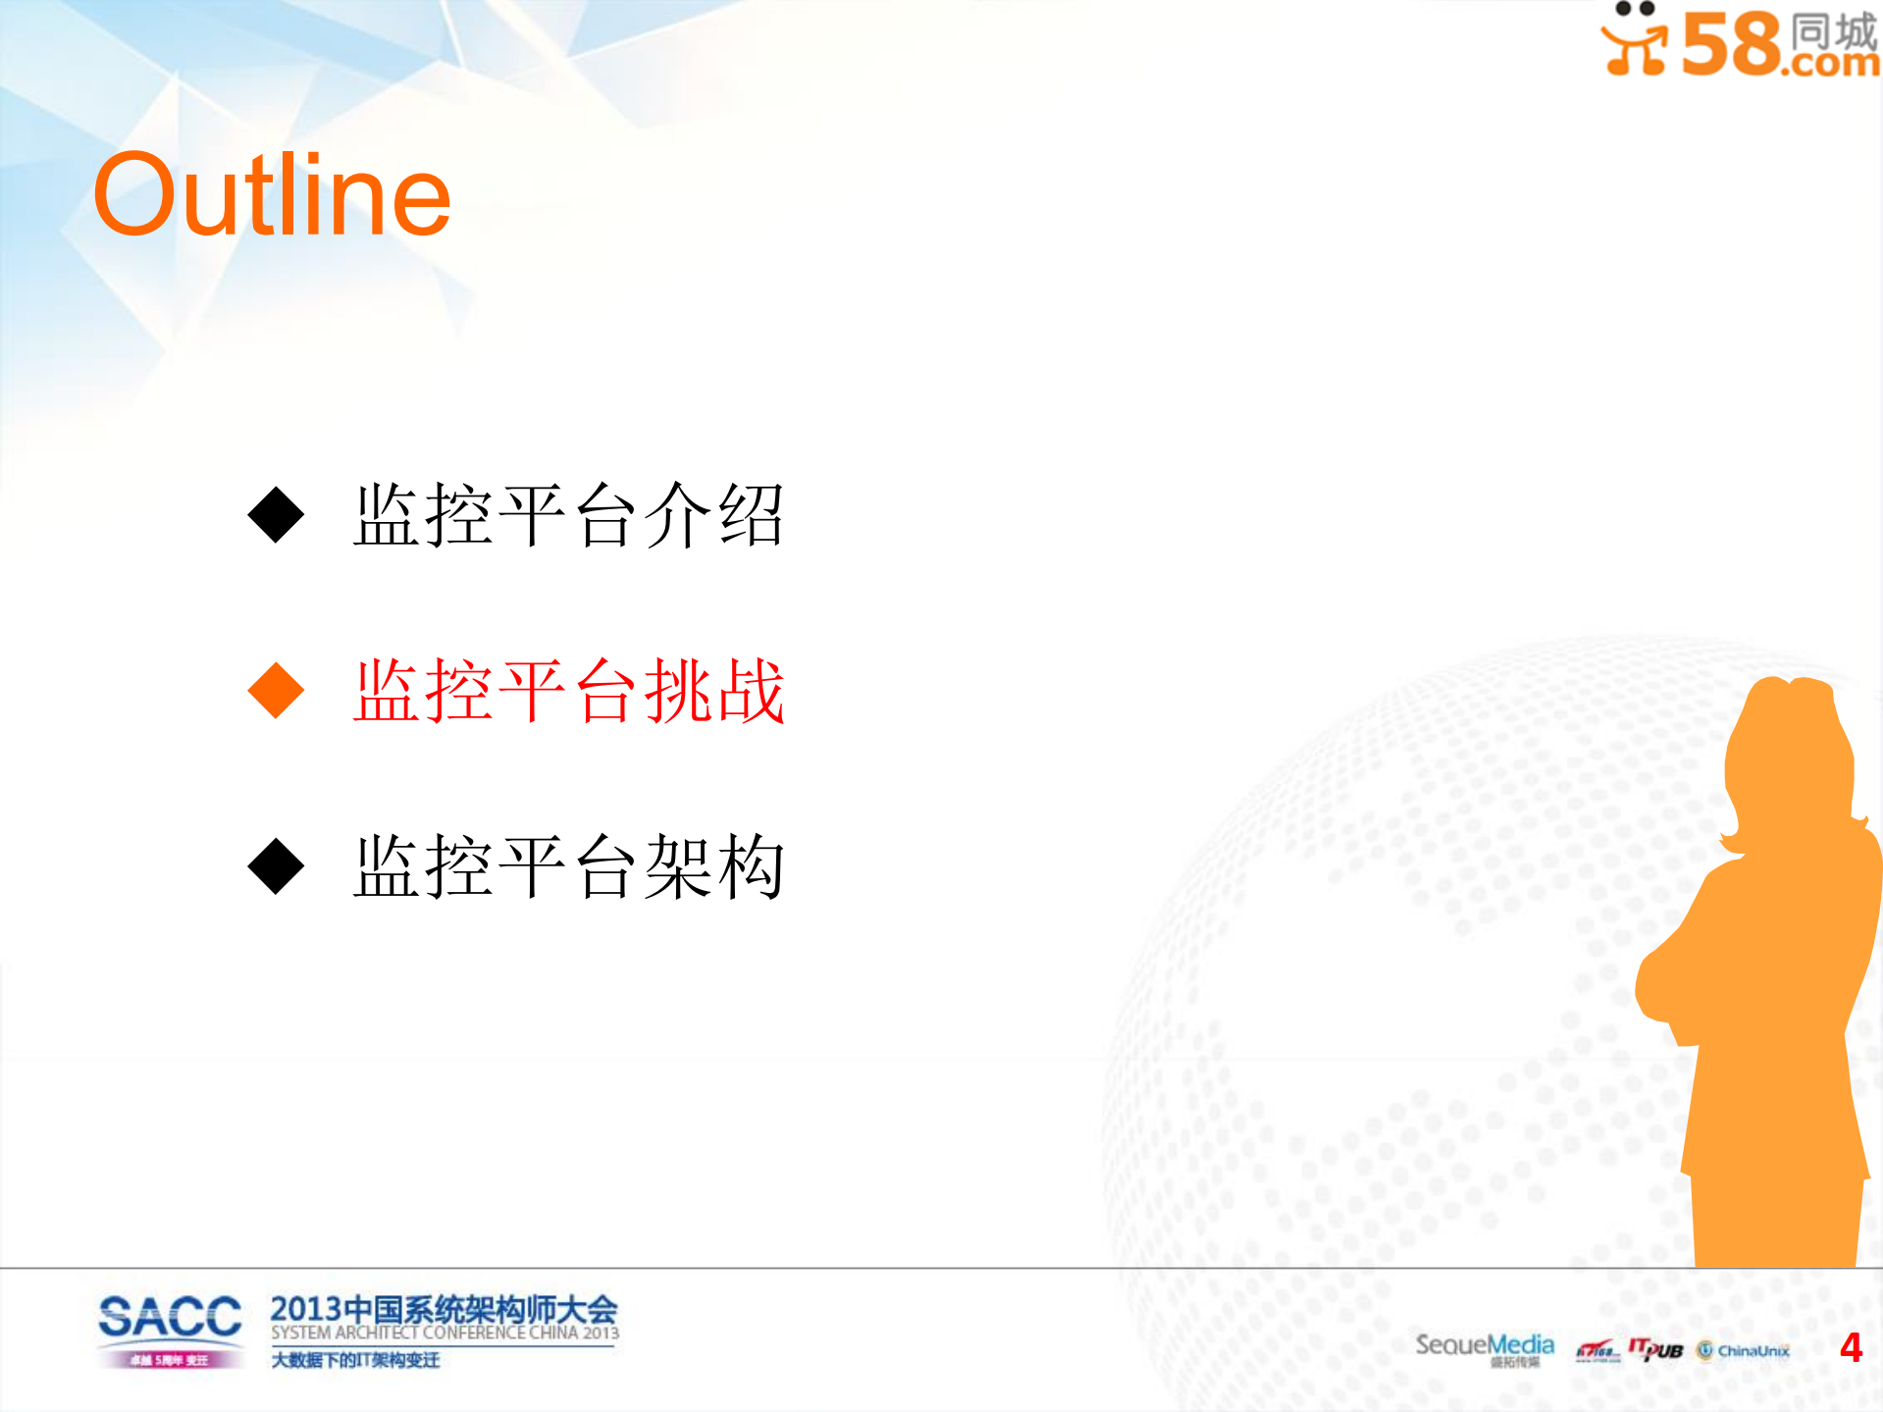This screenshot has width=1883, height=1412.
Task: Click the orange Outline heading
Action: (272, 195)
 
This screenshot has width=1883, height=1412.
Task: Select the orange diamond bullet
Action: (276, 690)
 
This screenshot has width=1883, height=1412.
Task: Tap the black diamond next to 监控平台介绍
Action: (276, 514)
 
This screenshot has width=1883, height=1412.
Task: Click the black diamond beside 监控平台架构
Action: (276, 865)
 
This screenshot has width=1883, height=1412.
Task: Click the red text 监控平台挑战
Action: (569, 692)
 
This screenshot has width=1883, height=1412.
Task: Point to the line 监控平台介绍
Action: (569, 516)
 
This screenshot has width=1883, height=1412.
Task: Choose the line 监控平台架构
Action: (569, 867)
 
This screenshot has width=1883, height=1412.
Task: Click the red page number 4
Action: (1851, 1347)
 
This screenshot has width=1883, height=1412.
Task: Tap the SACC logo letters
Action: (170, 1317)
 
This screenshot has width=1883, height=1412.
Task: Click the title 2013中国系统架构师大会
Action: (444, 1309)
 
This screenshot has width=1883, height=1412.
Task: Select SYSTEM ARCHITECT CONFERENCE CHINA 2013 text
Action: (445, 1334)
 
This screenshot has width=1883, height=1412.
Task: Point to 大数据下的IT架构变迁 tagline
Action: (355, 1360)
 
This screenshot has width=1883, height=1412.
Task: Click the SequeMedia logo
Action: (1484, 1345)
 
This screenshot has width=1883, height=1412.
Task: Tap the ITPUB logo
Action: (1655, 1350)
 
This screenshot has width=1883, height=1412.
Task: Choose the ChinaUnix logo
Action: (1744, 1351)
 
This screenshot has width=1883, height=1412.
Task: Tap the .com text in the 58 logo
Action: (1831, 63)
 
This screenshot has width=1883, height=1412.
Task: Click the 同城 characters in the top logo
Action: (1833, 30)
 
